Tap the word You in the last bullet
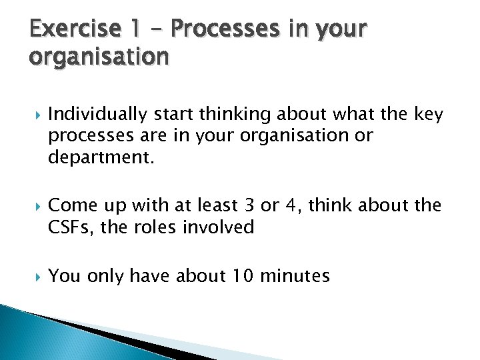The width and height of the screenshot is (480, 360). pyautogui.click(x=64, y=275)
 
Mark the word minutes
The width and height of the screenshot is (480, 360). pyautogui.click(x=298, y=275)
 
